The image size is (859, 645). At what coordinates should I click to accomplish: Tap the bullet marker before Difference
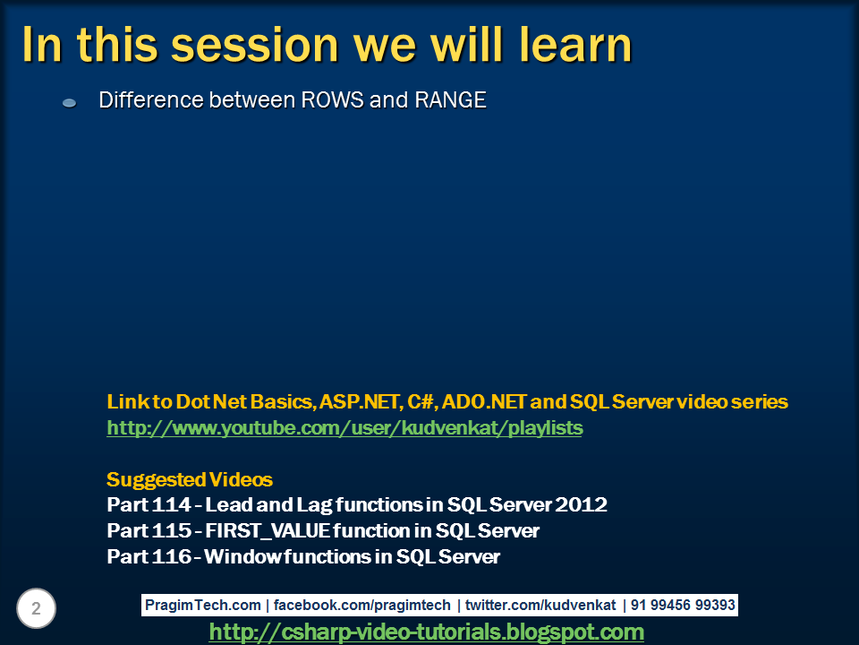[x=69, y=104]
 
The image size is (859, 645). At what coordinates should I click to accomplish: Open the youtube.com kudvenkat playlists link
[x=344, y=428]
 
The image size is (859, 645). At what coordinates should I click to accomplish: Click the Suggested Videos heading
[x=190, y=479]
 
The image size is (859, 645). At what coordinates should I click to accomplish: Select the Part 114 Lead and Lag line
[x=357, y=505]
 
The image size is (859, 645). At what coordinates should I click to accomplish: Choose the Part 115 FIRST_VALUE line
[x=323, y=531]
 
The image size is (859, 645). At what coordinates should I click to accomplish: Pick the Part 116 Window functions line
[x=303, y=557]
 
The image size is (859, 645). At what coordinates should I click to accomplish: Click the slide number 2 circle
[x=36, y=609]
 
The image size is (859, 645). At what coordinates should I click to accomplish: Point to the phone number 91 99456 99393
[x=683, y=605]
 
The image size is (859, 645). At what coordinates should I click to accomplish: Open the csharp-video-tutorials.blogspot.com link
[x=426, y=632]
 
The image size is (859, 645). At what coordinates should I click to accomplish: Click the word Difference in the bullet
[x=151, y=99]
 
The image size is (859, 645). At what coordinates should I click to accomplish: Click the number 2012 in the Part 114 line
[x=583, y=505]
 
